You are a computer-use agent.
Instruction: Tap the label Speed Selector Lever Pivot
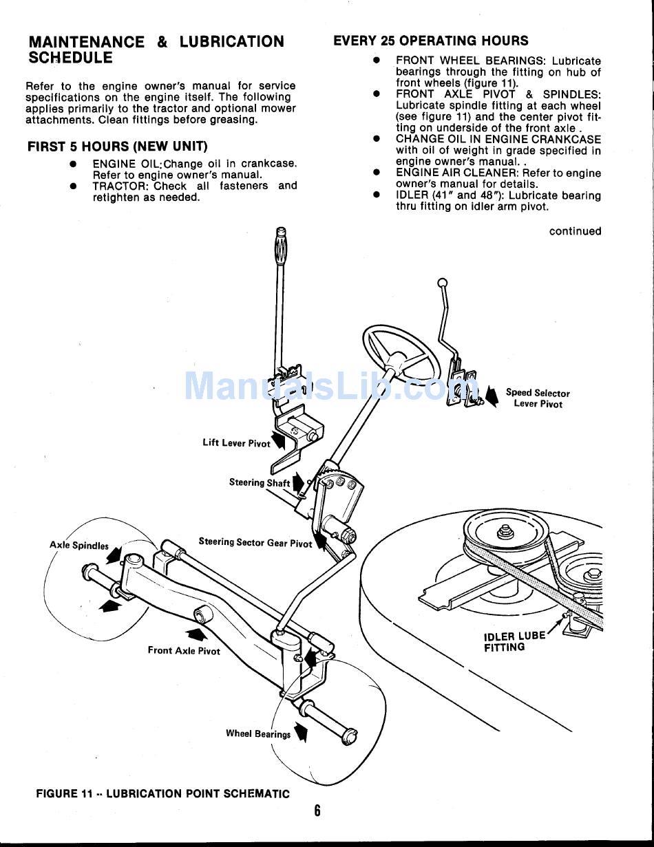[x=538, y=398]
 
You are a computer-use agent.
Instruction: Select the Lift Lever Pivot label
[x=236, y=443]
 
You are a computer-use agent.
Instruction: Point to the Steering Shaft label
[x=260, y=483]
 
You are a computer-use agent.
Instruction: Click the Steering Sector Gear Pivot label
[x=255, y=543]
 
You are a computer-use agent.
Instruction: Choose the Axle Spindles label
[x=79, y=546]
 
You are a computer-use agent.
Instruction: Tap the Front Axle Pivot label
[x=184, y=650]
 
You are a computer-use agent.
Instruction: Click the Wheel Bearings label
[x=258, y=734]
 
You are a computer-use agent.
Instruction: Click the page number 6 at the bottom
[x=317, y=810]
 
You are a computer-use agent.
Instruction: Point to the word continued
[x=575, y=231]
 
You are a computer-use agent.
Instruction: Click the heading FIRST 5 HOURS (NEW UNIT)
[x=117, y=147]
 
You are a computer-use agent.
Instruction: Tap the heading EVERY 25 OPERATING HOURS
[x=431, y=41]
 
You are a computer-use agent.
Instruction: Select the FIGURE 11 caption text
[x=162, y=793]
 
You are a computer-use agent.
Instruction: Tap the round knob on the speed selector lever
[x=443, y=282]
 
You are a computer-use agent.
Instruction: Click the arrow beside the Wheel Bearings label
[x=301, y=732]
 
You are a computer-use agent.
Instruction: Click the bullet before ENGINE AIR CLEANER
[x=377, y=173]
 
